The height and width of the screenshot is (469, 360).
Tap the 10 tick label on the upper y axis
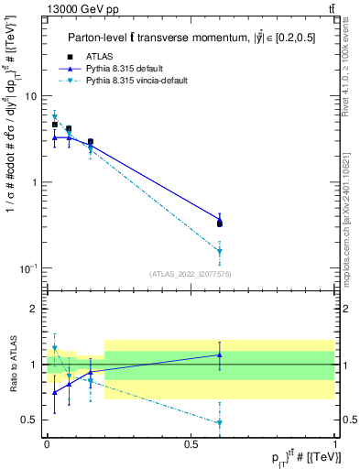[x=31, y=96]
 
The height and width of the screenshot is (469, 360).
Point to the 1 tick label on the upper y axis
[x=35, y=182]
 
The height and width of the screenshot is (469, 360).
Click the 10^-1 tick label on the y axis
[x=29, y=267]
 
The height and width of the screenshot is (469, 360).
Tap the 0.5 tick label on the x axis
[x=191, y=443]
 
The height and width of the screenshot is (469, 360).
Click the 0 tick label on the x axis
[x=47, y=443]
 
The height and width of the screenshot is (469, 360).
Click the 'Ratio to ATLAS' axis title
[x=12, y=365]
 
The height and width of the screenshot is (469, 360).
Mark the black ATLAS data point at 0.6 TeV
[x=220, y=223]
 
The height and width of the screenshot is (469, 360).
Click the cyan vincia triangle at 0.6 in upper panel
[x=220, y=251]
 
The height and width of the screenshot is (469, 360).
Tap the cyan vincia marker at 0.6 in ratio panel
[x=220, y=422]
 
